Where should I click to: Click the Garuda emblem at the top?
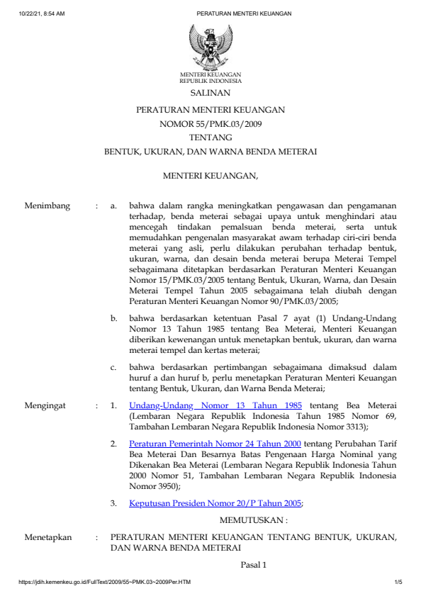pyautogui.click(x=211, y=47)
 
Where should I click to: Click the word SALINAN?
pyautogui.click(x=211, y=93)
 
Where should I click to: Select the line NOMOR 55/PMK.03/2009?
pyautogui.click(x=211, y=124)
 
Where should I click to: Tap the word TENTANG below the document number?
pyautogui.click(x=211, y=137)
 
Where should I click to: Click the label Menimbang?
pyautogui.click(x=47, y=206)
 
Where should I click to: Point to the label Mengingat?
pyautogui.click(x=46, y=405)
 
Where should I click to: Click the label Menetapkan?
pyautogui.click(x=48, y=537)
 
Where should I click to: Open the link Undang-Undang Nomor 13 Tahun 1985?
pyautogui.click(x=215, y=405)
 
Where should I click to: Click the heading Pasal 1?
pyautogui.click(x=252, y=565)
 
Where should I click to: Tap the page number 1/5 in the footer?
pyautogui.click(x=398, y=583)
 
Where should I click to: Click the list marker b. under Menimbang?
pyautogui.click(x=113, y=319)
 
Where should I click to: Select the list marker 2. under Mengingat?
pyautogui.click(x=113, y=442)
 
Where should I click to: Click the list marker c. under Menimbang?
pyautogui.click(x=113, y=367)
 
